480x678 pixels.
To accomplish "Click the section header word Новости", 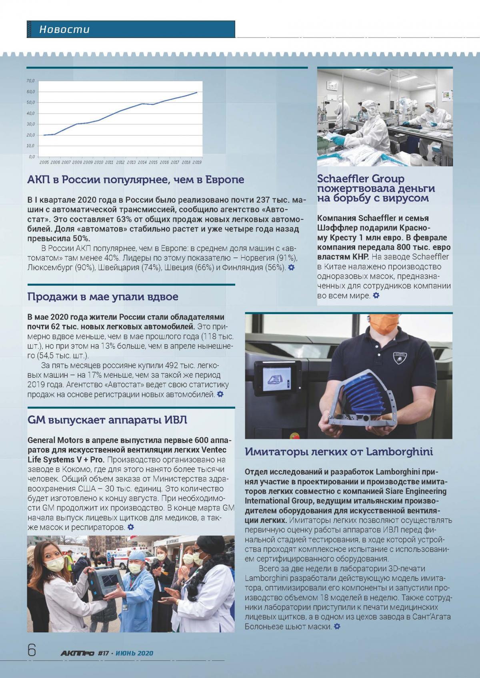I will [64, 29].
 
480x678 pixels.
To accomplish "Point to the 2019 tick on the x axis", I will [197, 163].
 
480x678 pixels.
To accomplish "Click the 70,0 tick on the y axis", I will [30, 81].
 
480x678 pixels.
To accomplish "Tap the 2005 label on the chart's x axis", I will [44, 163].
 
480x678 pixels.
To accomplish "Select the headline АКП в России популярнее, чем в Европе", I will [136, 179].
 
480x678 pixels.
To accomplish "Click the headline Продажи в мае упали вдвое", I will [103, 297].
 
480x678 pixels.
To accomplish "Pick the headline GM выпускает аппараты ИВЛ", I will [107, 420].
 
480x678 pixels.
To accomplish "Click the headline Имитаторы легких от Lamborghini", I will [339, 452].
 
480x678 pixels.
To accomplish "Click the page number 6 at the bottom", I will [32, 650].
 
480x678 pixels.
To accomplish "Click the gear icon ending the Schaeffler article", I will [376, 295].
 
